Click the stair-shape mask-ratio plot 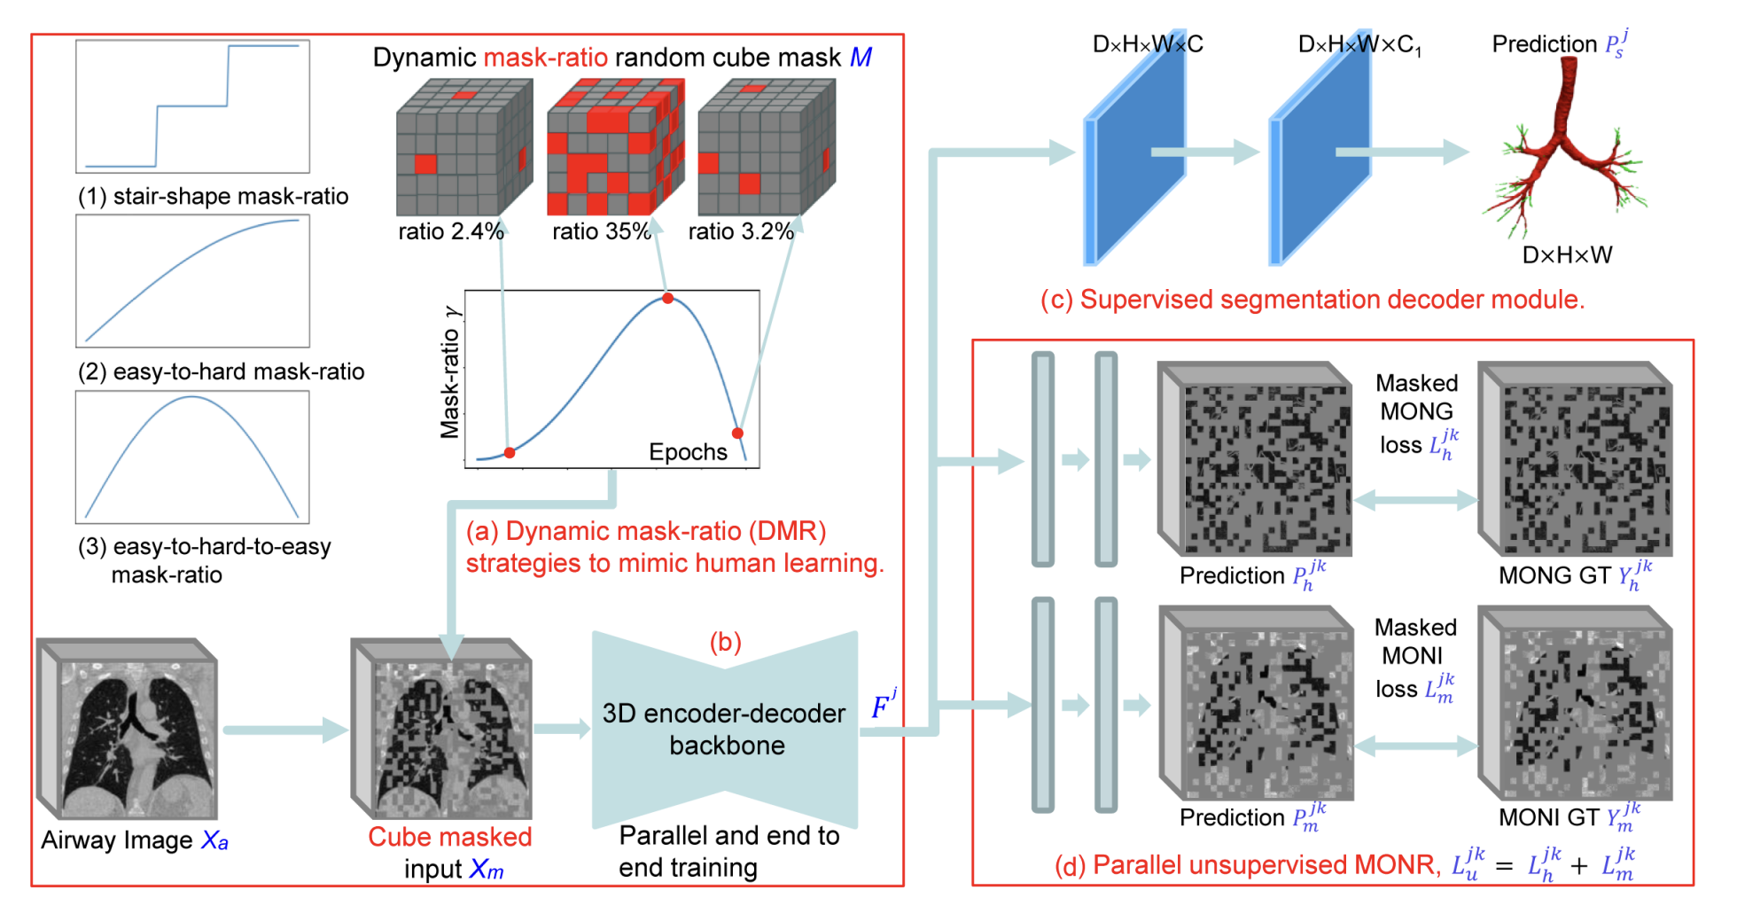pyautogui.click(x=192, y=106)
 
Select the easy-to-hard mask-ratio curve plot pyautogui.click(x=192, y=281)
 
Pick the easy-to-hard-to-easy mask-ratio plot pyautogui.click(x=192, y=457)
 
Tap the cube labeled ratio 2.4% pyautogui.click(x=463, y=147)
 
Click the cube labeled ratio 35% pyautogui.click(x=615, y=147)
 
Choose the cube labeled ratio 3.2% pyautogui.click(x=766, y=147)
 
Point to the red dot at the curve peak pyautogui.click(x=668, y=299)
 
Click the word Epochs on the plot pyautogui.click(x=688, y=452)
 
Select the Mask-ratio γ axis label pyautogui.click(x=450, y=372)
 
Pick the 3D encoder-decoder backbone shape pyautogui.click(x=725, y=729)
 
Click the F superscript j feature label pyautogui.click(x=884, y=706)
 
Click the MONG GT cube pyautogui.click(x=1576, y=459)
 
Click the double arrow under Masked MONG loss pyautogui.click(x=1415, y=501)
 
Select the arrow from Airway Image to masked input pyautogui.click(x=284, y=730)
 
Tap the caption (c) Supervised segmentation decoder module pyautogui.click(x=1312, y=300)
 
